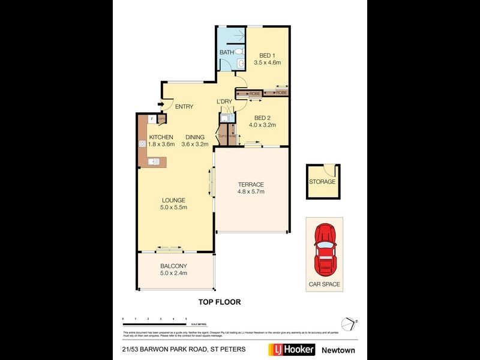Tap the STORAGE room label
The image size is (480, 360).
(322, 182)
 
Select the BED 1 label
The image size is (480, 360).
(268, 55)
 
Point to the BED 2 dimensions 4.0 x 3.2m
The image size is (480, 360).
(262, 125)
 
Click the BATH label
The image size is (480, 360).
(227, 53)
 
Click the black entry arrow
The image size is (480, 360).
(161, 104)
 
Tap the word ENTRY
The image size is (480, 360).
(184, 107)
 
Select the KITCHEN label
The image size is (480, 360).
(161, 137)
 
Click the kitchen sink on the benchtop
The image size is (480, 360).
(154, 161)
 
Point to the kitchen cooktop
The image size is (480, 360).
(143, 144)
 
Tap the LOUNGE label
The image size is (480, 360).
(173, 200)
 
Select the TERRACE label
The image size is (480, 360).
(251, 184)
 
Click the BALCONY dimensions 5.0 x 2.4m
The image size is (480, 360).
(174, 273)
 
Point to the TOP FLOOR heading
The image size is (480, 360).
(220, 302)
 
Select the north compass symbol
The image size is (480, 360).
(349, 322)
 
